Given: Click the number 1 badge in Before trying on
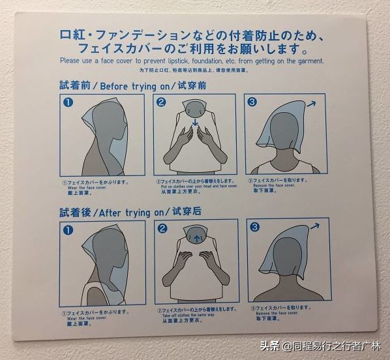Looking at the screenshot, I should [67, 102].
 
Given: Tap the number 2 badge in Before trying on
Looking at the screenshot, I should [162, 102].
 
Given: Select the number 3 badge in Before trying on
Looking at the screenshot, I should [252, 102].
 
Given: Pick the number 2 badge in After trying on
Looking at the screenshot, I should [162, 229].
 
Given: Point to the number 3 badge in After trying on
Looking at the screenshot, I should [254, 227].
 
